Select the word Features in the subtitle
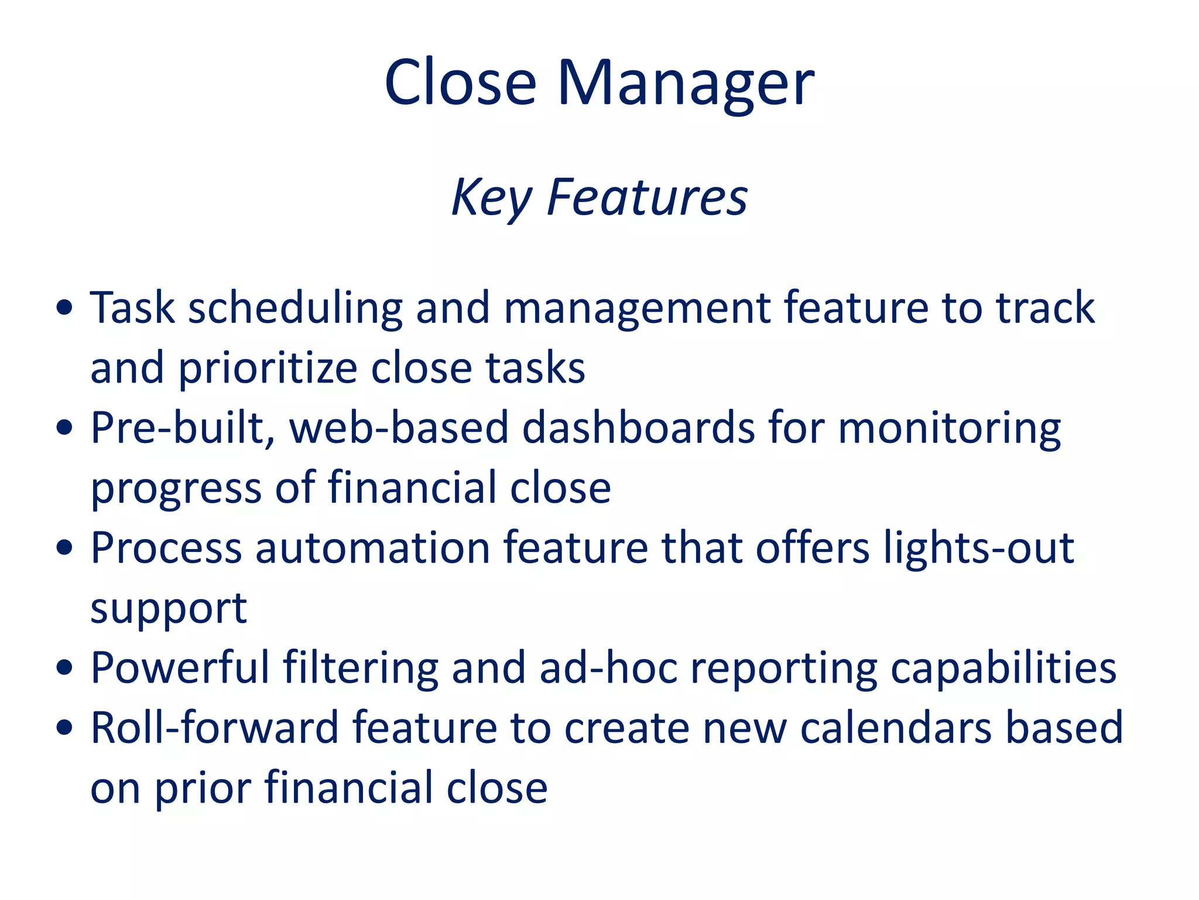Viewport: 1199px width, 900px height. (x=647, y=198)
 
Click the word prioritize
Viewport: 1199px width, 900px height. (x=268, y=369)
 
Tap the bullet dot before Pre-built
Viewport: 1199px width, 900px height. (x=65, y=428)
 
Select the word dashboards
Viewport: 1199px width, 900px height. (x=639, y=428)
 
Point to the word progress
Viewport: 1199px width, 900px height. (x=176, y=489)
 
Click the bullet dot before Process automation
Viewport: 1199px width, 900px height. (x=65, y=548)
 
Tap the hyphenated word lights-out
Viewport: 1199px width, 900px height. (x=979, y=549)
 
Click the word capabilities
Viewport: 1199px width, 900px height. (x=1003, y=669)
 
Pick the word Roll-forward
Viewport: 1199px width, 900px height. (x=215, y=728)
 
